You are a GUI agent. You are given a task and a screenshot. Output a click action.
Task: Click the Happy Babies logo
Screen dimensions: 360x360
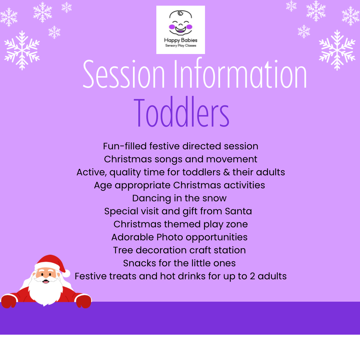tap(180, 30)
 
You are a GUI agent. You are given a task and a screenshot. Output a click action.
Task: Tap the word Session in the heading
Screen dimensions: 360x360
tap(124, 74)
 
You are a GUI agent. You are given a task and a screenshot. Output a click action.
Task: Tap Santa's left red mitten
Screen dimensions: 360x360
tap(8, 301)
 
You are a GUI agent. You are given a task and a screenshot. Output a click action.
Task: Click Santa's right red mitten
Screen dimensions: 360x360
tap(84, 301)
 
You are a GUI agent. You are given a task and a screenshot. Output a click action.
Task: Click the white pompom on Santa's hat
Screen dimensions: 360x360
tap(66, 273)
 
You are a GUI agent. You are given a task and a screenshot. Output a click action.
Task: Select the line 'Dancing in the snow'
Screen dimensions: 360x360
tap(179, 198)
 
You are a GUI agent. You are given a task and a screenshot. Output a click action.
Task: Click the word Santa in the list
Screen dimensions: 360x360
tap(238, 211)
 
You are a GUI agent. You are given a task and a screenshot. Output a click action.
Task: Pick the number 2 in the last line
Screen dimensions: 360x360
tap(252, 276)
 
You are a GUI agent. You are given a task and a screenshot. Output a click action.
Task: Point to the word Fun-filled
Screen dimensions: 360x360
tap(125, 146)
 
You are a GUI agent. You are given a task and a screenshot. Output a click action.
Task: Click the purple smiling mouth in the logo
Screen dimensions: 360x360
tap(180, 30)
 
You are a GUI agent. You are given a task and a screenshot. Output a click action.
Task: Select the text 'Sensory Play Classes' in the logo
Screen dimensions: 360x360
tap(181, 45)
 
